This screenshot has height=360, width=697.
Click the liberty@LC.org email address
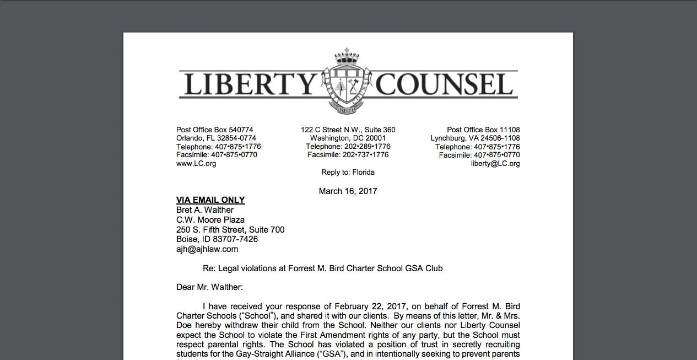[x=495, y=164]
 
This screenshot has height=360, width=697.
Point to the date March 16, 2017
[x=348, y=191]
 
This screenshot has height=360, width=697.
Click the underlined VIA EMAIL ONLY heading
[x=210, y=200]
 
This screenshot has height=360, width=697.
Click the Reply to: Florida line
[x=348, y=173]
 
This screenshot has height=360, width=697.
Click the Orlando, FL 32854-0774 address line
[x=216, y=138]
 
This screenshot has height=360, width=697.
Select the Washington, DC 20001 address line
[x=348, y=138]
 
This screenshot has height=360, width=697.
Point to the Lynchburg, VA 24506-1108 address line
[x=475, y=138]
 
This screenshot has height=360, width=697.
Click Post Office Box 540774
[x=215, y=130]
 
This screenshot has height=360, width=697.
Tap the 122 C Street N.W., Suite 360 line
[x=348, y=130]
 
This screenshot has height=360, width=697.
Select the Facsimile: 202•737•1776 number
[x=348, y=155]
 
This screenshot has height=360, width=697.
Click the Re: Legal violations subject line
[x=322, y=268]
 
